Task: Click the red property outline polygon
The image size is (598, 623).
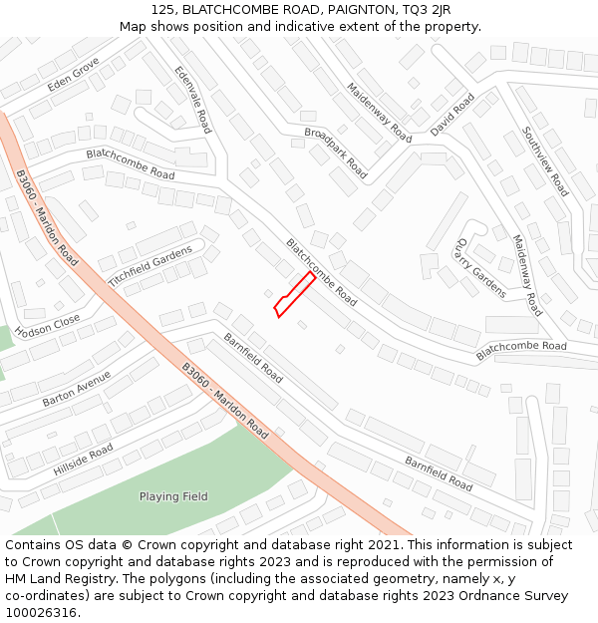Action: (x=295, y=295)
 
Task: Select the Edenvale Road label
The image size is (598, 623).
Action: (x=193, y=100)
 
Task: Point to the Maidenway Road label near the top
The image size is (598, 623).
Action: (x=379, y=112)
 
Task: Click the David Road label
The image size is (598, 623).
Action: (x=452, y=115)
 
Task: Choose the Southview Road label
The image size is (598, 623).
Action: (x=545, y=160)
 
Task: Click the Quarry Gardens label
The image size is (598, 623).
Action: (x=481, y=267)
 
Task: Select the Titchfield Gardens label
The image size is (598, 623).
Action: (x=149, y=266)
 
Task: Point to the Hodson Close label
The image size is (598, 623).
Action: (x=47, y=326)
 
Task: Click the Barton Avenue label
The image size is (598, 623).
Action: (x=77, y=389)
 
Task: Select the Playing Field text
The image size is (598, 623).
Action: (x=173, y=496)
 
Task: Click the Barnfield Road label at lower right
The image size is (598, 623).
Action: (x=439, y=473)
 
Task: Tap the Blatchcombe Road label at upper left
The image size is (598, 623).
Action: (x=130, y=164)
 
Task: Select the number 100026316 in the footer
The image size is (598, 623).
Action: (x=43, y=612)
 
